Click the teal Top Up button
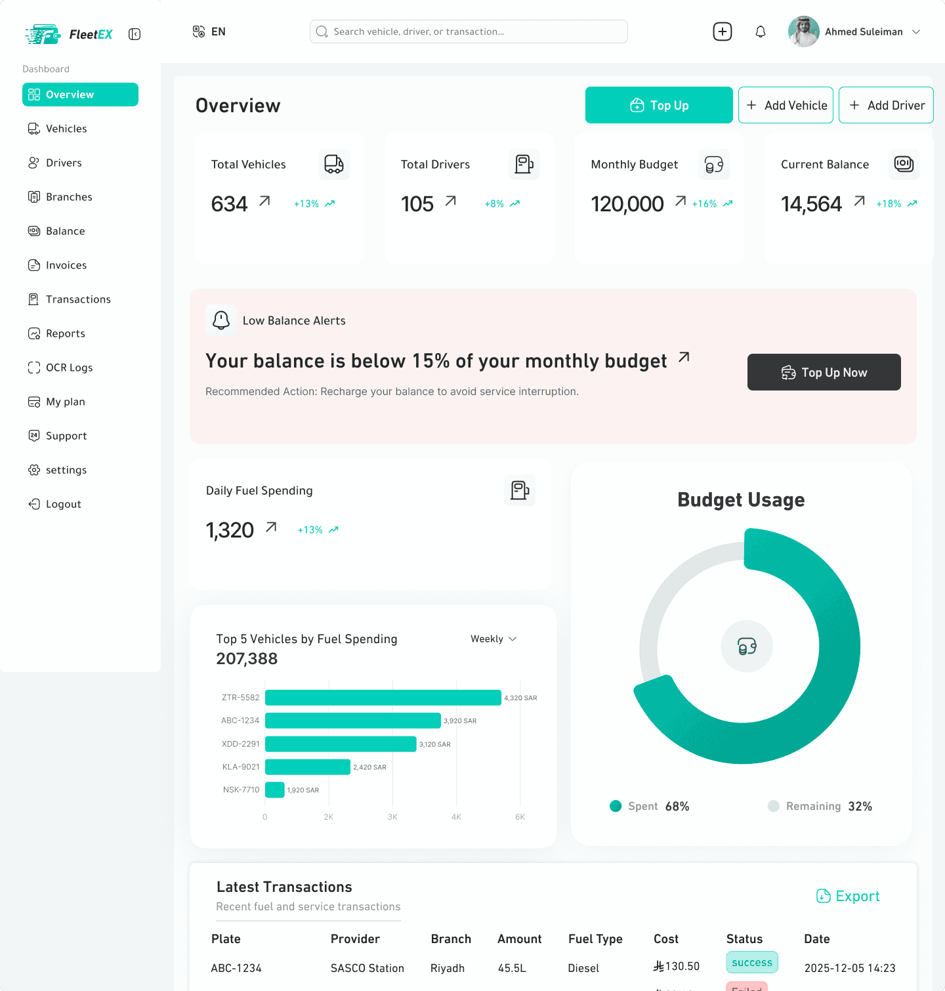click(x=659, y=105)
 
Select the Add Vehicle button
click(x=786, y=105)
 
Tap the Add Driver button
click(x=886, y=105)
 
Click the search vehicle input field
click(x=469, y=32)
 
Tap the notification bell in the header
click(x=761, y=32)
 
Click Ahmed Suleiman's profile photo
click(x=804, y=32)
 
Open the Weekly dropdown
click(x=493, y=639)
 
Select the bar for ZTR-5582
click(x=383, y=698)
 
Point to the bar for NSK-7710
click(x=275, y=790)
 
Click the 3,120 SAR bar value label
click(x=435, y=744)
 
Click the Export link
click(x=848, y=896)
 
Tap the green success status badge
click(x=752, y=962)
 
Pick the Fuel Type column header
click(x=595, y=939)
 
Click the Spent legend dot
click(x=616, y=806)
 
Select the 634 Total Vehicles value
click(x=229, y=204)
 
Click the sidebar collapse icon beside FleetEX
click(x=135, y=34)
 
